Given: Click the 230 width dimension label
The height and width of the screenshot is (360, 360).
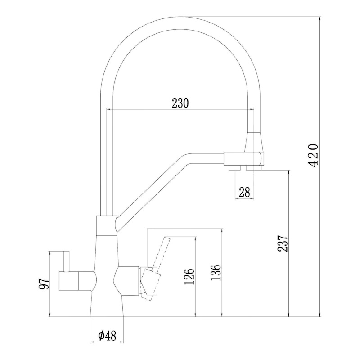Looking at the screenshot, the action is click(180, 103).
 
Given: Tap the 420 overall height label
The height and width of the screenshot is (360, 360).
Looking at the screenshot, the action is click(313, 155).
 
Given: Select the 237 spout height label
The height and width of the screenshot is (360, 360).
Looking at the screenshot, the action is click(283, 243).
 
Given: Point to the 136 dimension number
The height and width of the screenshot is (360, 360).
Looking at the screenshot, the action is click(216, 272).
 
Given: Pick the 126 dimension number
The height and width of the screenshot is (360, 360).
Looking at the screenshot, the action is click(189, 276).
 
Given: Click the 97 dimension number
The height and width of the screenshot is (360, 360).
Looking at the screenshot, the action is click(44, 284).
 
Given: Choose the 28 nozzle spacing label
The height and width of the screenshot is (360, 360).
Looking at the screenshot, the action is click(244, 192).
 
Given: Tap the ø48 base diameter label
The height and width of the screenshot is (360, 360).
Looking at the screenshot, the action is click(107, 336).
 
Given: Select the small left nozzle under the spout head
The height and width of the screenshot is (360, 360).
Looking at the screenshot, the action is click(234, 168).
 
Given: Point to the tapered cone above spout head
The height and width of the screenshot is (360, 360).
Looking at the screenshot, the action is click(254, 142).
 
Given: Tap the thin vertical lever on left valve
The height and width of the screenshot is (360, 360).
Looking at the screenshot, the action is click(67, 261).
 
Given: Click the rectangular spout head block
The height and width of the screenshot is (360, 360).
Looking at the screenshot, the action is click(244, 159).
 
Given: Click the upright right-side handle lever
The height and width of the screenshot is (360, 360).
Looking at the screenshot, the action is click(150, 248).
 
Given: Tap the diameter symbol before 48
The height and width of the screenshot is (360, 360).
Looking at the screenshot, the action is click(101, 336).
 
